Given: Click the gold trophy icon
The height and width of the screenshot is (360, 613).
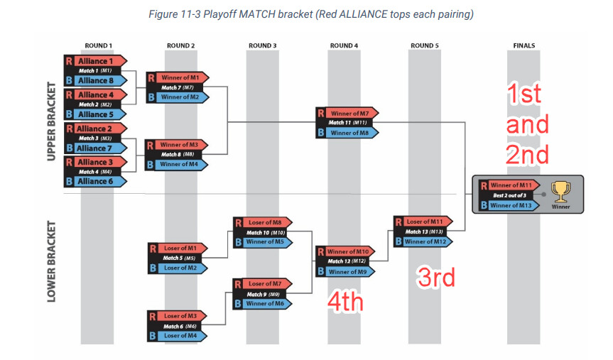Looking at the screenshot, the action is click(x=560, y=192).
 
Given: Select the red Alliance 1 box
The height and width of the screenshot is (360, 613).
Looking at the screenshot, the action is click(x=96, y=61).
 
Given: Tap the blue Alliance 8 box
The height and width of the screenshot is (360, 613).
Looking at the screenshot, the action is click(x=96, y=80).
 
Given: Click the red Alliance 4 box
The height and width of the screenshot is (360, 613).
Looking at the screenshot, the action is click(x=96, y=94).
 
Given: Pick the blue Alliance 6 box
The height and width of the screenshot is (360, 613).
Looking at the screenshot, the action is click(x=96, y=181).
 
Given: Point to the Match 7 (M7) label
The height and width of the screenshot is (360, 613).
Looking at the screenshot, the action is click(x=178, y=87).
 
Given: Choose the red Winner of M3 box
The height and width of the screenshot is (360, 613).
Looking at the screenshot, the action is click(x=176, y=145).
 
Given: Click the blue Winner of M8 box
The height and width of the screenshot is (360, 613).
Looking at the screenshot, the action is click(x=347, y=133).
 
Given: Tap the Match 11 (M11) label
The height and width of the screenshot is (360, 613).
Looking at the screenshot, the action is click(x=347, y=123).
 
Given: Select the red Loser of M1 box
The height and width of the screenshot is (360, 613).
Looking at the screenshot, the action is click(x=178, y=249).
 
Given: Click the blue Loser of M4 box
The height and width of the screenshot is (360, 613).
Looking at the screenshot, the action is click(x=178, y=336).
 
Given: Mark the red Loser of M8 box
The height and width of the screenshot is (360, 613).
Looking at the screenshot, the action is click(x=263, y=222).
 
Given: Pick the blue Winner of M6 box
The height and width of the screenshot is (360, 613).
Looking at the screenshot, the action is click(x=263, y=303).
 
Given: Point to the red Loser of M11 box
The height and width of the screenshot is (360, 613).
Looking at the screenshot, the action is click(x=423, y=222).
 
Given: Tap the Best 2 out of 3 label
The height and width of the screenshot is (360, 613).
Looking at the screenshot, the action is click(x=509, y=195).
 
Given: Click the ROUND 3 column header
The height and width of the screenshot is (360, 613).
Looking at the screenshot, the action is click(x=262, y=45).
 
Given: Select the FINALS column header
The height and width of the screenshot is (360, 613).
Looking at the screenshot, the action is click(x=524, y=45).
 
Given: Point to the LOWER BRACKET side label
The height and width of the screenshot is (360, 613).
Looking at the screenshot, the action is click(x=51, y=261).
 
